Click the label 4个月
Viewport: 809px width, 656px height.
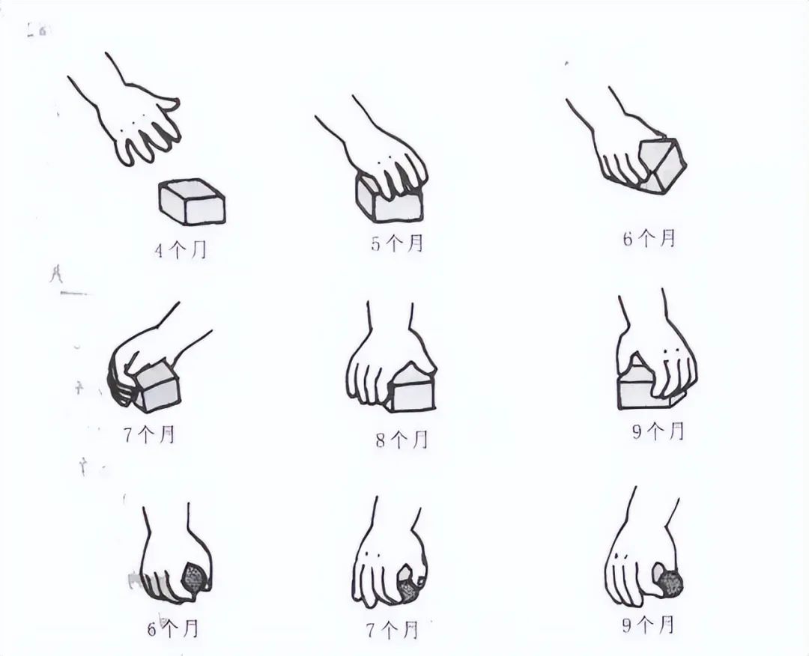click(180, 250)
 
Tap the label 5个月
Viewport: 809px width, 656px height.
click(398, 243)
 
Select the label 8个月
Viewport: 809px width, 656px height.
click(402, 440)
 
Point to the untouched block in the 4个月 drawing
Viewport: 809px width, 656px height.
click(192, 201)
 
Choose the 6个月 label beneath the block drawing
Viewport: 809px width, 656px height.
click(649, 239)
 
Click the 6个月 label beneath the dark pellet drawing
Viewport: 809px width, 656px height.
click(172, 628)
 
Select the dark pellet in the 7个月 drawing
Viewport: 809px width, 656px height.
click(407, 585)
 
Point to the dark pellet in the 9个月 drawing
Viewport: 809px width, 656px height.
click(668, 581)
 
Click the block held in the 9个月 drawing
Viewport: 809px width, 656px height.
click(641, 389)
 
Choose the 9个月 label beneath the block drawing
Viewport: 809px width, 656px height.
click(658, 431)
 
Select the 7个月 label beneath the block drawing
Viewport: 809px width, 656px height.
click(148, 434)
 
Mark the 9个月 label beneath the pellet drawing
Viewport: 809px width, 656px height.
click(649, 624)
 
